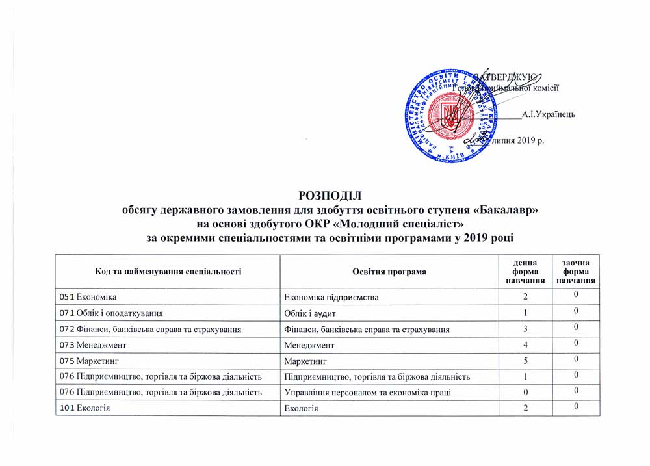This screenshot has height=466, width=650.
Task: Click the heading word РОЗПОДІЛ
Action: [x=329, y=196]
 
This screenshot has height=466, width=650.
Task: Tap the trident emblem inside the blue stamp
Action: [x=450, y=116]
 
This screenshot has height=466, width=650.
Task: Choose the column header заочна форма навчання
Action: [x=576, y=271]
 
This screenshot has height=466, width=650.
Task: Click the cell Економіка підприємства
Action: [x=332, y=297]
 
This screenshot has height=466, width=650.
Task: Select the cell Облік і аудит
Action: [x=311, y=313]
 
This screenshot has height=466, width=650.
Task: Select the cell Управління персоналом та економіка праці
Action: [x=369, y=392]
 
